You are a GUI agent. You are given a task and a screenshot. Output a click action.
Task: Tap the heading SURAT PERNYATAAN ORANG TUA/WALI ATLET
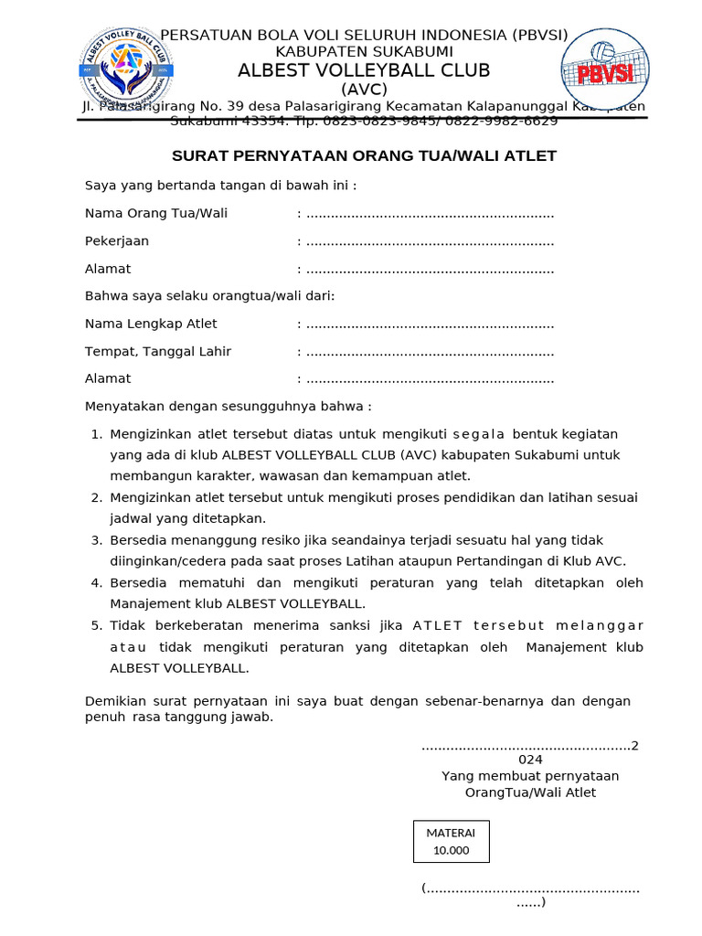pos(364,156)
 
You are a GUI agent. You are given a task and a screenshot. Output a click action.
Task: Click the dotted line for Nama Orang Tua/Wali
pos(430,215)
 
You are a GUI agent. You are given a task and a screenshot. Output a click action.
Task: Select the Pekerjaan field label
pos(117,241)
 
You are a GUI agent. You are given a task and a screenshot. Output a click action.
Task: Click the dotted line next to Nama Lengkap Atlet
pos(430,324)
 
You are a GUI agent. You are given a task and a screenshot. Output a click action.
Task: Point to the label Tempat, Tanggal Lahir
pos(158,352)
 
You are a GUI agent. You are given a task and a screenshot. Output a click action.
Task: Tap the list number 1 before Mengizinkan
pos(96,434)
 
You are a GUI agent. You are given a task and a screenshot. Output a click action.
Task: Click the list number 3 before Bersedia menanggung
pos(96,540)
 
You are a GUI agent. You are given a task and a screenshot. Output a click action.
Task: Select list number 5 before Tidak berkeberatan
pos(96,625)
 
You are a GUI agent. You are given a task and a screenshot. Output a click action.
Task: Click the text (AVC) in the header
pos(364,90)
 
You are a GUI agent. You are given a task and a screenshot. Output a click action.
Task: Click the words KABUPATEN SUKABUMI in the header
pos(364,52)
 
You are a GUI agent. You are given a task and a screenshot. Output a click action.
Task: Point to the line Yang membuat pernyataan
pos(530,776)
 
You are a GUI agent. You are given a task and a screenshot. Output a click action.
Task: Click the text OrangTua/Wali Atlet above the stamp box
pos(530,792)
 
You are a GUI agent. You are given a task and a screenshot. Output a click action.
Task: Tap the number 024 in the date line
pos(530,760)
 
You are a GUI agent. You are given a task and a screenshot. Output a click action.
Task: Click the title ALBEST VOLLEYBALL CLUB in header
pos(364,70)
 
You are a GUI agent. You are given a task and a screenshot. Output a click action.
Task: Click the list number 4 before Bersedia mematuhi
pos(96,583)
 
